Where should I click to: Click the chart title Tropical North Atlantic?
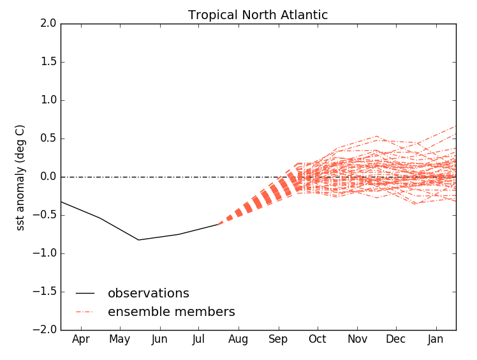pos(258,15)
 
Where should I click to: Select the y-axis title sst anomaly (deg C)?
pos(20,177)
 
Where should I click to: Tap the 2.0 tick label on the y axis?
pos(48,24)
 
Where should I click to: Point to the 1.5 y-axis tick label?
pos(48,62)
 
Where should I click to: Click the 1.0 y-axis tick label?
pos(48,100)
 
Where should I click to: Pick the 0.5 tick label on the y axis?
pos(48,139)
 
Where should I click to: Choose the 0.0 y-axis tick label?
pos(48,177)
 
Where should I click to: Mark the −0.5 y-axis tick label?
pos(46,215)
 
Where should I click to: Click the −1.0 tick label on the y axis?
pos(46,253)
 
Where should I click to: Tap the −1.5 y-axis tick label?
pos(46,292)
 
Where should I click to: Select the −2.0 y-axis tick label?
pos(46,330)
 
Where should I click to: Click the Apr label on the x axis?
pos(80,339)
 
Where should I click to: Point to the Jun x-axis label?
pos(159,339)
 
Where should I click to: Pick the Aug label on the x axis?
pos(238,339)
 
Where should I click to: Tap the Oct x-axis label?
pos(317,339)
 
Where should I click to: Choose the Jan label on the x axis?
pos(436,339)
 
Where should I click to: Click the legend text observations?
pos(148,294)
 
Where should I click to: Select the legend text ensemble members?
pos(171,312)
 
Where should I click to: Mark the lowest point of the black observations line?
pos(138,240)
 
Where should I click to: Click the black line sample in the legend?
pos(85,294)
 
